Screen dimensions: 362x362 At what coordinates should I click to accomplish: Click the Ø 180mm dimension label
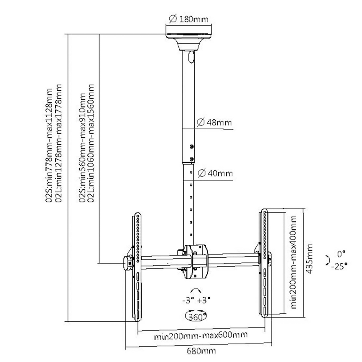(188, 19)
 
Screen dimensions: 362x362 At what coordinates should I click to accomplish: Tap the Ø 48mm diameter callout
(214, 122)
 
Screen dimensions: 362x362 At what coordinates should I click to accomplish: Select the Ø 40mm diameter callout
(215, 173)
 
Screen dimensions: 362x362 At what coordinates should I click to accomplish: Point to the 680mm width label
(201, 351)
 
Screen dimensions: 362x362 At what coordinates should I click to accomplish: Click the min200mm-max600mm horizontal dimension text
(201, 335)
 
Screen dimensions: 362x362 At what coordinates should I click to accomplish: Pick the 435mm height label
(309, 259)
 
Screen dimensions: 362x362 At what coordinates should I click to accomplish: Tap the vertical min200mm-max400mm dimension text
(293, 262)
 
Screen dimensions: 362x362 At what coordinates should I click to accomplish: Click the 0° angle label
(341, 254)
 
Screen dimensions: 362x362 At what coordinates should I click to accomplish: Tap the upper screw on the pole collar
(191, 146)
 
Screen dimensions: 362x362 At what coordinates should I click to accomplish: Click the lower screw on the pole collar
(191, 159)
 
